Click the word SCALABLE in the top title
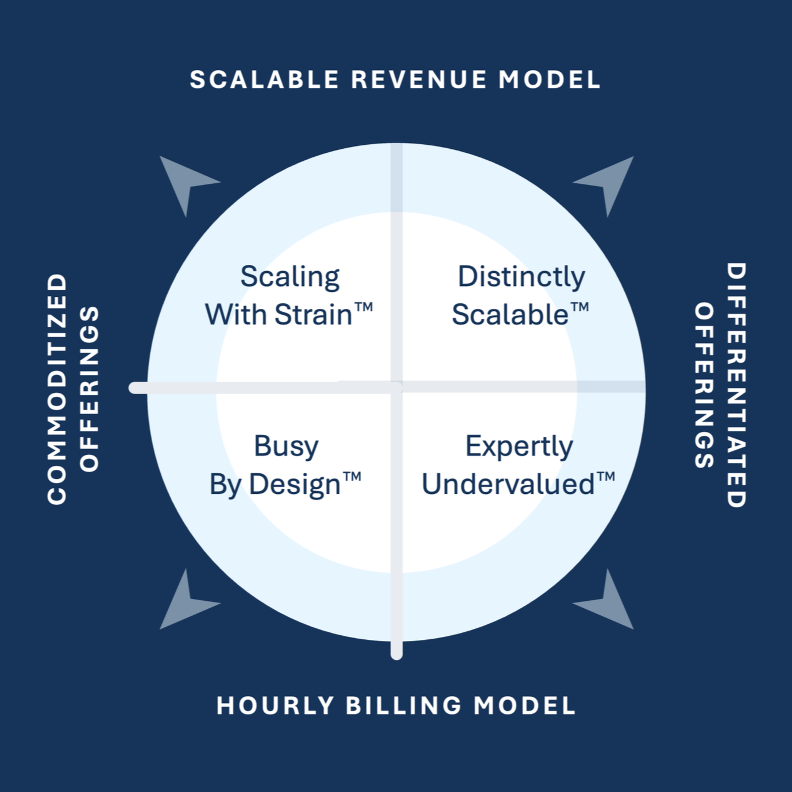click(265, 80)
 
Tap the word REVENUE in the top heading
click(419, 80)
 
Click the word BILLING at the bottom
click(404, 705)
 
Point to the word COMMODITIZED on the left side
click(57, 389)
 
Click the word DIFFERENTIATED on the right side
click(736, 385)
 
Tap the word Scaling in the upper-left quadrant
click(290, 277)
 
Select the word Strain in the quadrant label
click(313, 315)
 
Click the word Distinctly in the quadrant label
click(521, 277)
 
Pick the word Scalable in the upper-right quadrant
click(510, 315)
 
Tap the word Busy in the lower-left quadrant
click(286, 446)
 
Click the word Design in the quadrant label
click(295, 485)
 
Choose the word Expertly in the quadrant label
click(519, 446)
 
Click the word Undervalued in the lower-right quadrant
click(508, 484)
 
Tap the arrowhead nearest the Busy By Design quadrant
click(184, 603)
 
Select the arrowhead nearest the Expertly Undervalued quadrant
click(608, 603)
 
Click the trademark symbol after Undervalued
click(606, 477)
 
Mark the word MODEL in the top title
click(550, 80)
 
